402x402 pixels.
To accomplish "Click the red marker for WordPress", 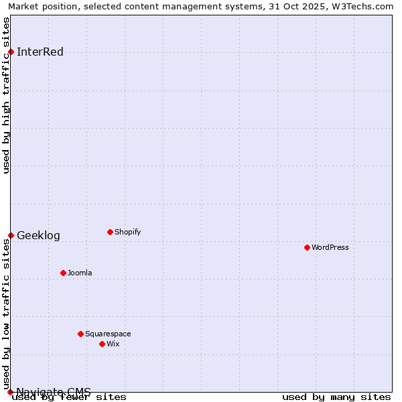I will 308,247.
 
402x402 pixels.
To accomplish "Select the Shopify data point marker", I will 111,232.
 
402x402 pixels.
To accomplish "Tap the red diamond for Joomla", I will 64,273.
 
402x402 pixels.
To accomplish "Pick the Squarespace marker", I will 81,334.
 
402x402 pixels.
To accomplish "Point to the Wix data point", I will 103,344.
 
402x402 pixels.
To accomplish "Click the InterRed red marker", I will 11,52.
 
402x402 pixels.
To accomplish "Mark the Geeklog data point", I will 11,235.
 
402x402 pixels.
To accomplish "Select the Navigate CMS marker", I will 11,392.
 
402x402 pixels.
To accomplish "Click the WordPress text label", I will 330,247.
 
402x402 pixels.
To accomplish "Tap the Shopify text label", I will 128,232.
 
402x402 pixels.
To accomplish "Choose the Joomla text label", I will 80,273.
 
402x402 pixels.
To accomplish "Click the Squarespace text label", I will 108,334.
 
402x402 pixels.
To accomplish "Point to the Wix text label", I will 113,344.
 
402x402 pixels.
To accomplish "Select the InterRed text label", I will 40,52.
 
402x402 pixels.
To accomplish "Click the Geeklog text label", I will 38,235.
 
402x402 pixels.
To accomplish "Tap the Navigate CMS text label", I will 54,392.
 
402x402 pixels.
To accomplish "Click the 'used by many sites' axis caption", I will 336,397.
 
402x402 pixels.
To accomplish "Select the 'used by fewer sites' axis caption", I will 70,397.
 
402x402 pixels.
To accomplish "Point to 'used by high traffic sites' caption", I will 6,95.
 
